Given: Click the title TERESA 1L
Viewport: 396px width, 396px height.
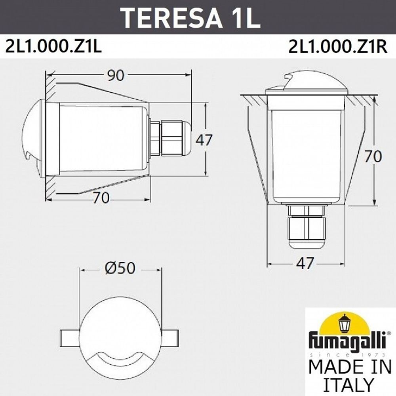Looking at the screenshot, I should (190, 17).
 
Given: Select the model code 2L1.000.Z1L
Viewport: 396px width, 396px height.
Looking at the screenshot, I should (53, 47).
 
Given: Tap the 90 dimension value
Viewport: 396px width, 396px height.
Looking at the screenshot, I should (116, 75).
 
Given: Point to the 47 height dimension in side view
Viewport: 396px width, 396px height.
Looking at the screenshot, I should (204, 140).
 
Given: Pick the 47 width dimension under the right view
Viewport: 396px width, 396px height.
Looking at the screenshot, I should (305, 263).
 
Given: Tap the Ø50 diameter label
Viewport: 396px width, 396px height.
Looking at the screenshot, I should (120, 268).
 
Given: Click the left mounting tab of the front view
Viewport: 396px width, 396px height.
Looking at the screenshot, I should (69, 337).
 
